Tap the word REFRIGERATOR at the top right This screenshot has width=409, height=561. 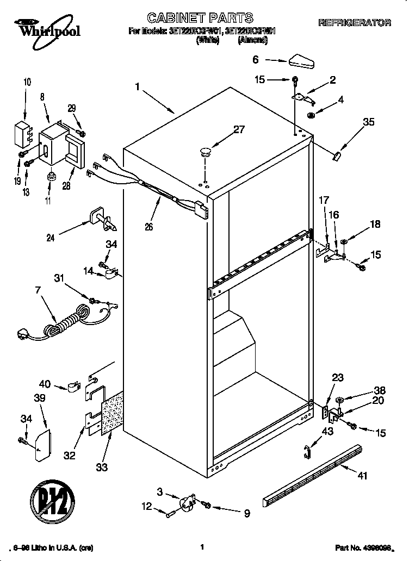tap(354, 23)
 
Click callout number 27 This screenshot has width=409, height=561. tap(239, 129)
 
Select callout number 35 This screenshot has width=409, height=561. tap(369, 122)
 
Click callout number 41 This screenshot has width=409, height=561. tap(363, 476)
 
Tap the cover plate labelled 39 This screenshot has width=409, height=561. tap(42, 444)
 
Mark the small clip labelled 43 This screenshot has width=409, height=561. tap(307, 450)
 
